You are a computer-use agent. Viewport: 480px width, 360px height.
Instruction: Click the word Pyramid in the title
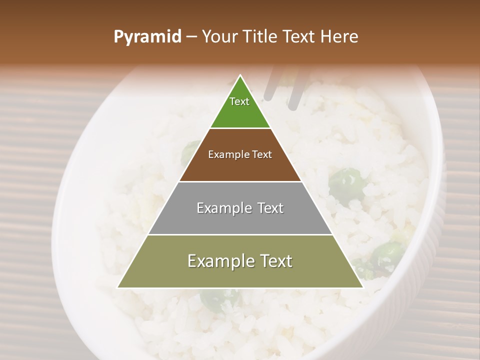[x=147, y=37]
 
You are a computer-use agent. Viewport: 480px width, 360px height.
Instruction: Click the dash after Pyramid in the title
[x=191, y=37]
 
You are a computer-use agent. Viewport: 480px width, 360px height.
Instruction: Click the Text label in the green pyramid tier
[x=239, y=101]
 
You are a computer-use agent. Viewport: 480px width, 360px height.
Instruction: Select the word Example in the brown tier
[x=226, y=154]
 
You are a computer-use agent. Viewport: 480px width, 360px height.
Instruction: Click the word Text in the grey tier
[x=270, y=208]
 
